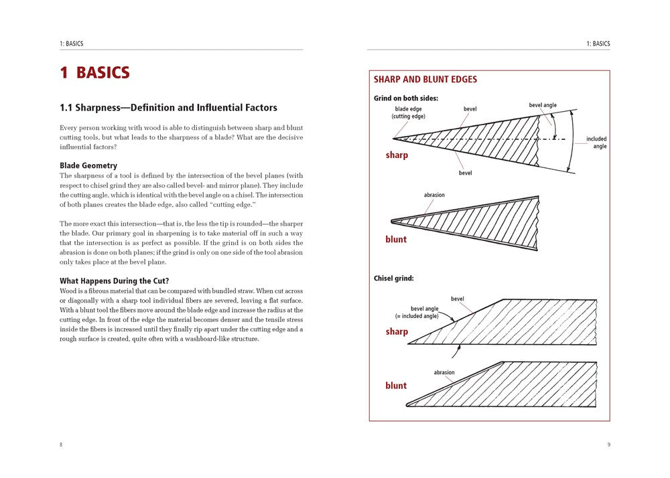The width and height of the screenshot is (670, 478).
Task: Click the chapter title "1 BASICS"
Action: (x=94, y=73)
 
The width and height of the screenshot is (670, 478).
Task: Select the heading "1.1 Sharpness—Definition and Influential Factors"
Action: (x=168, y=108)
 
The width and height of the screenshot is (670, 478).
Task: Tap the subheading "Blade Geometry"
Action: (x=88, y=165)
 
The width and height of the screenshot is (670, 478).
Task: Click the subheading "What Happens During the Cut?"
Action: (x=114, y=281)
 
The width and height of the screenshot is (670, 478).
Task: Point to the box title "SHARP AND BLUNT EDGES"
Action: (x=425, y=80)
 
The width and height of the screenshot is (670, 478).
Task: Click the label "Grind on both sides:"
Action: (x=406, y=98)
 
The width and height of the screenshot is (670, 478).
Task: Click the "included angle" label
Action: (x=596, y=143)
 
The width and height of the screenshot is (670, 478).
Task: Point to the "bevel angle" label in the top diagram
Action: (x=543, y=106)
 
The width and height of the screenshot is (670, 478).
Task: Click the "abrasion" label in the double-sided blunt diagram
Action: (x=434, y=195)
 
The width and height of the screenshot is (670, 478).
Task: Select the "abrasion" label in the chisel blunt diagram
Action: (x=444, y=373)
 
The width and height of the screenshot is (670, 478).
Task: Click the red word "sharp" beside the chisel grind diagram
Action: (x=397, y=332)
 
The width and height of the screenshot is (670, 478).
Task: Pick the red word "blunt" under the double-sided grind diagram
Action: (x=396, y=240)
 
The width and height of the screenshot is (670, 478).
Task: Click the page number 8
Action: (x=61, y=445)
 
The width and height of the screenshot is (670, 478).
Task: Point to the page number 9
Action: (x=608, y=445)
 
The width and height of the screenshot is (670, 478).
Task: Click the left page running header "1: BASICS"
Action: (x=72, y=44)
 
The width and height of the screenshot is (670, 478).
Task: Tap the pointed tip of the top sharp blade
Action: (x=393, y=139)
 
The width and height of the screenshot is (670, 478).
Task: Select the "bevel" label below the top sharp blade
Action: (x=465, y=173)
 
